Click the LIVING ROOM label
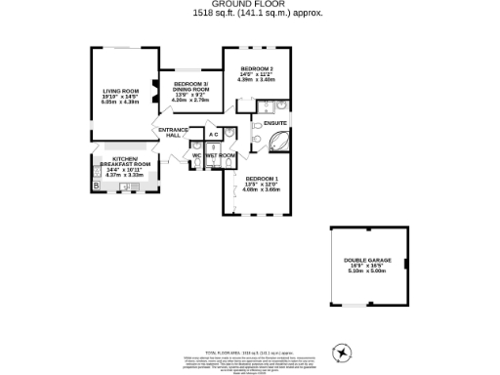point(122,89)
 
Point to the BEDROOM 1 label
point(261,178)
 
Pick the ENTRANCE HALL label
point(172,132)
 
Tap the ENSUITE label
point(273,123)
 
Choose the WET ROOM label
point(221,155)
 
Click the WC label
point(196,155)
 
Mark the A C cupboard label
point(213,135)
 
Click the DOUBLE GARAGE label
point(366,260)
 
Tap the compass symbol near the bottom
point(342,353)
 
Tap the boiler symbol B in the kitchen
point(96,186)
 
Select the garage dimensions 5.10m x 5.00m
point(366,271)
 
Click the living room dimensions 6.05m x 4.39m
point(122,101)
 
